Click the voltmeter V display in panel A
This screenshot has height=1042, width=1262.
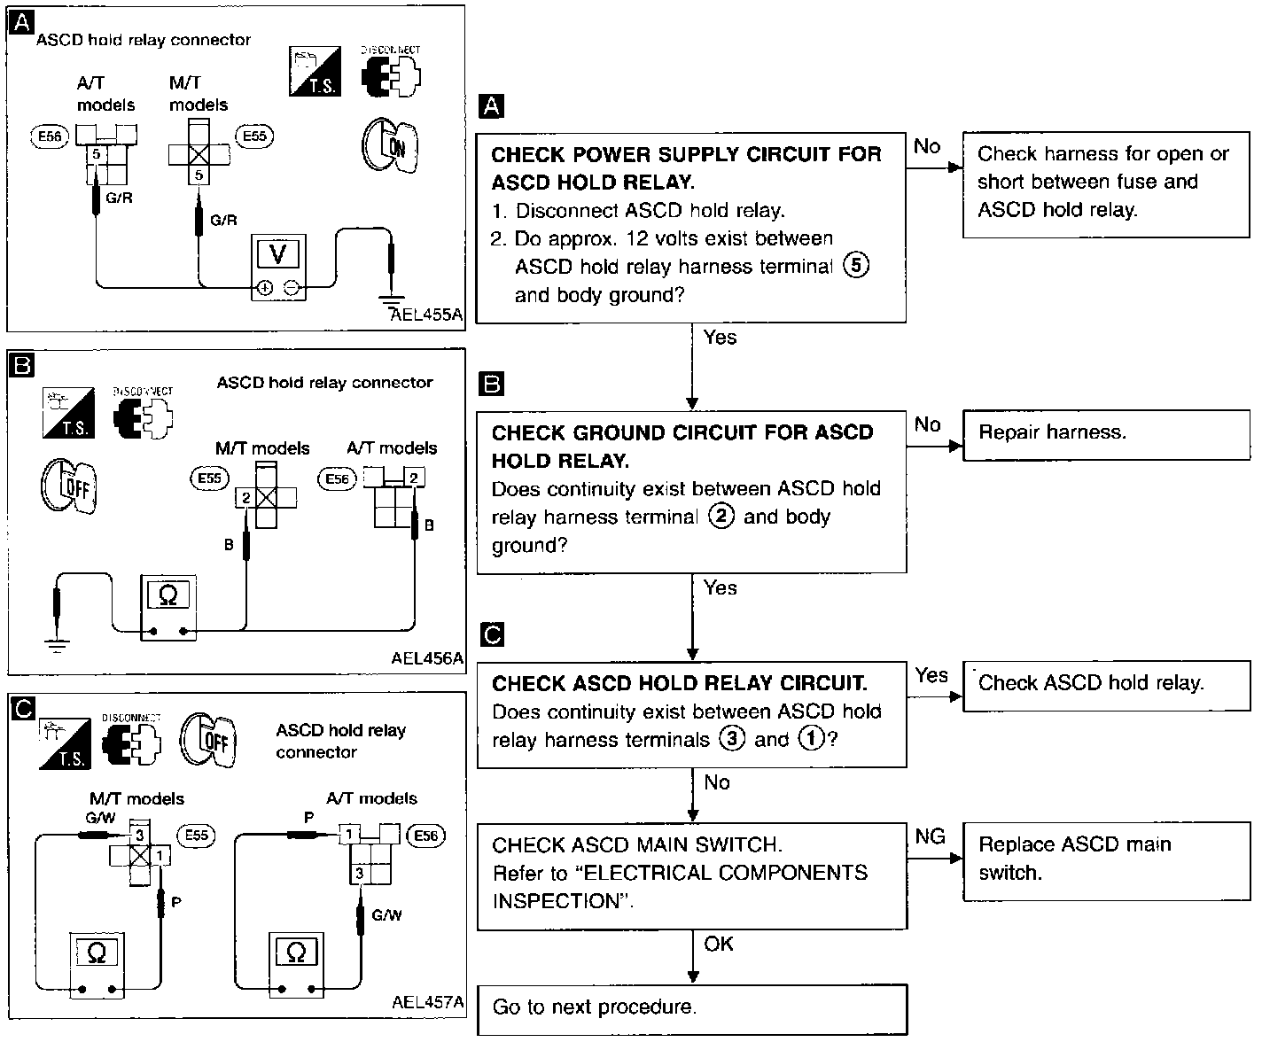tap(278, 253)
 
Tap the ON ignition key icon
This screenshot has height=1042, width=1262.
tap(390, 145)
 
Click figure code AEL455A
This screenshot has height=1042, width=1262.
tap(426, 315)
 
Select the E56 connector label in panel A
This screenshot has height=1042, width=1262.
tap(50, 136)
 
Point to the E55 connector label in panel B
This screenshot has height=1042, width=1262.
tap(210, 478)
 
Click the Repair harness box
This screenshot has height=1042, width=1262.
tap(1106, 435)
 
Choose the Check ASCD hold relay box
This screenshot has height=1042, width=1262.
tap(1106, 686)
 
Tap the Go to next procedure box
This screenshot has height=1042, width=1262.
tap(692, 1009)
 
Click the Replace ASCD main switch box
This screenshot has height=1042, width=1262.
tap(1106, 861)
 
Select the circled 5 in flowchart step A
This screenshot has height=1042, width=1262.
tap(856, 265)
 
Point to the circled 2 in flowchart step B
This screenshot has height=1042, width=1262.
tap(721, 517)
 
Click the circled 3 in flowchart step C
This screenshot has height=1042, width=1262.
tap(732, 739)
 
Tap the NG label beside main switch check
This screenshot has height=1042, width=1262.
tap(931, 836)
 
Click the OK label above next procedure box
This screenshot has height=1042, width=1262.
tap(719, 944)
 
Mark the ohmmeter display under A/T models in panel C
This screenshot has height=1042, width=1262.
tap(295, 953)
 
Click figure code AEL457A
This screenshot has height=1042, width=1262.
tap(427, 1002)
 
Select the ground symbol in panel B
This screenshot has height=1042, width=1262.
tap(57, 646)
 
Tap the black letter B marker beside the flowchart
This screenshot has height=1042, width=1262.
tap(491, 384)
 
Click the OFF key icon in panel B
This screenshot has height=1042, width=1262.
tap(69, 486)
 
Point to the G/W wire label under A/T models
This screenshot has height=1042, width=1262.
tap(386, 915)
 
